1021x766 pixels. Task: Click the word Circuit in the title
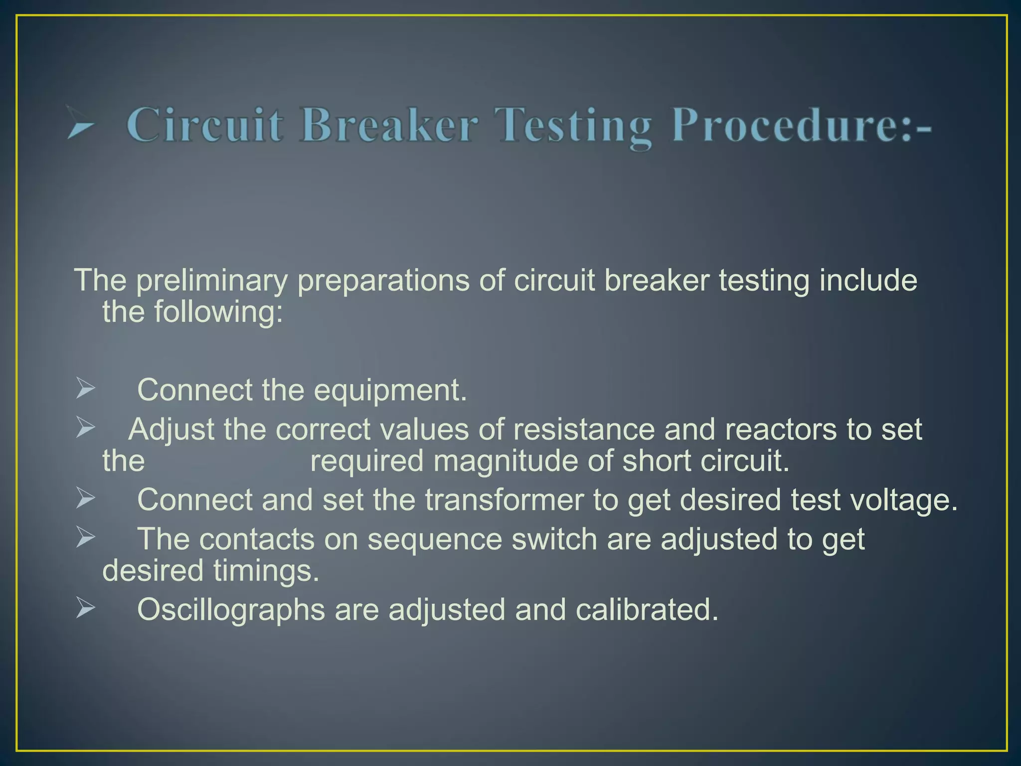(205, 125)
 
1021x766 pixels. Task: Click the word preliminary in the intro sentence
(211, 280)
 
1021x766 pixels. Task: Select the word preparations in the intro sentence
(383, 280)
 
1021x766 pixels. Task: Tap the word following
(218, 312)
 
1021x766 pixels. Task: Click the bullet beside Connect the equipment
(85, 388)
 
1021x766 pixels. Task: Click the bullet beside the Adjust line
(85, 427)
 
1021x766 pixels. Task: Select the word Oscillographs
(231, 610)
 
